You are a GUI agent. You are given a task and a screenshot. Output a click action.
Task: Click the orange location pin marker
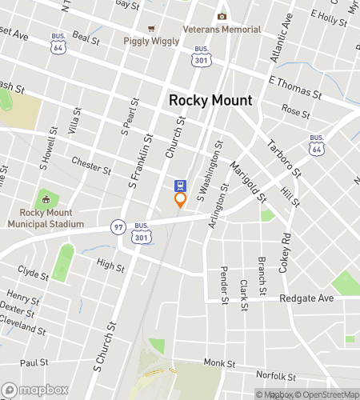coord(181,200)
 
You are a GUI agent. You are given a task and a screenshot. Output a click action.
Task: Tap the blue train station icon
coord(181,184)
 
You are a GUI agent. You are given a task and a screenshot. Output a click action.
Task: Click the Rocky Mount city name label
coord(210,101)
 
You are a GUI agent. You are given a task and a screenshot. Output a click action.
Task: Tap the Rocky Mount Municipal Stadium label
coord(45,218)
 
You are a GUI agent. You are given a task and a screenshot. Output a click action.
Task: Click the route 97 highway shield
coord(118,226)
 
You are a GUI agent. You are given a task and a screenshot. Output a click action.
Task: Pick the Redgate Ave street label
coord(306,298)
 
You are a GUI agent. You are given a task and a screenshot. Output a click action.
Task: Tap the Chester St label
coord(90,166)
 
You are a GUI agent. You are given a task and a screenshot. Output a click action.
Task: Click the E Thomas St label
coord(294,88)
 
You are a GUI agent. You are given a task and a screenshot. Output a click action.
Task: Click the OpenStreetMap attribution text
coord(327,394)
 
